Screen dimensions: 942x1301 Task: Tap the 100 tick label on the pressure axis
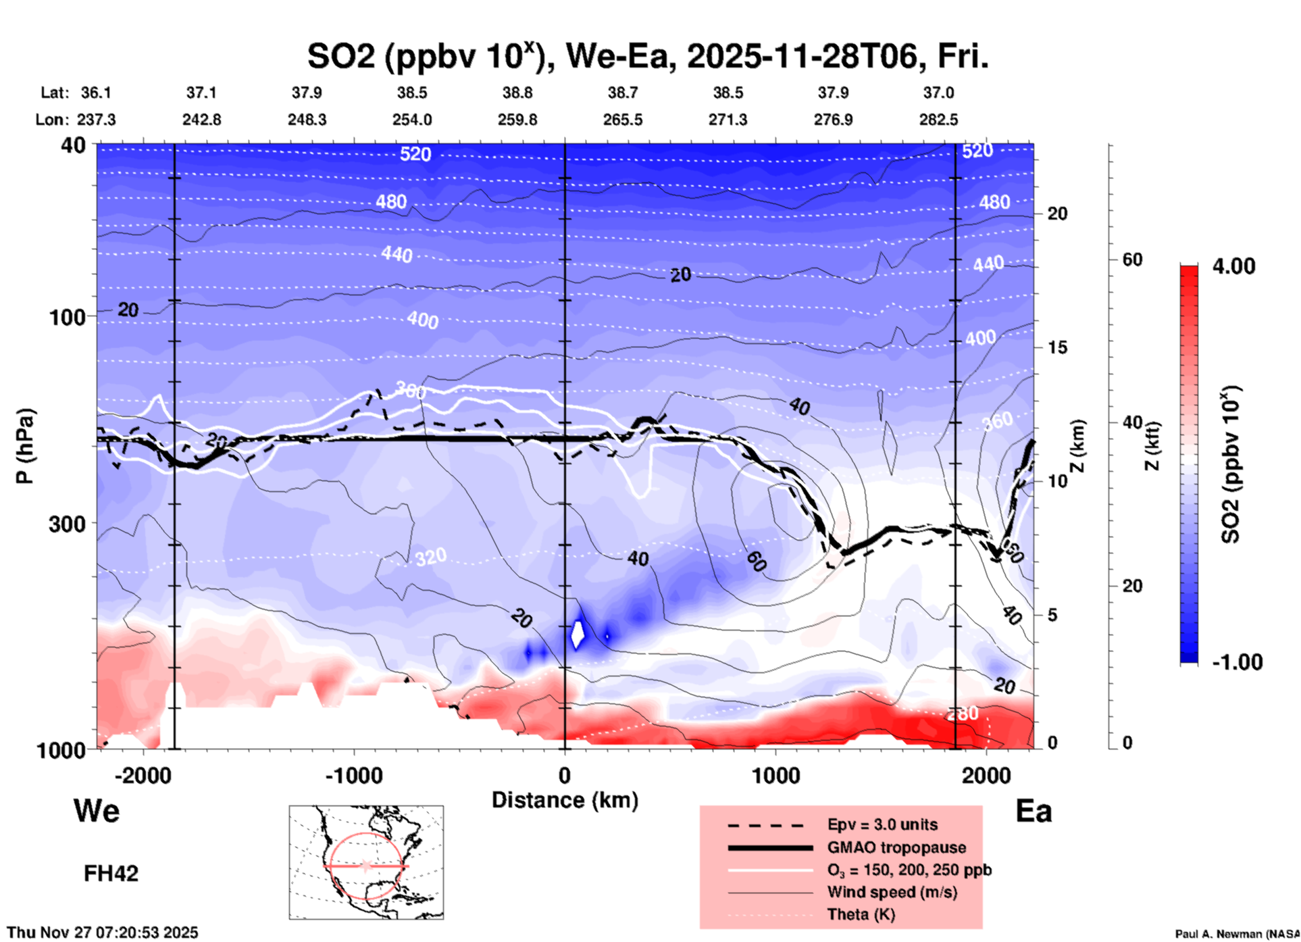point(68,317)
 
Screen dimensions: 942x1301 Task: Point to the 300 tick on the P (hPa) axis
point(68,523)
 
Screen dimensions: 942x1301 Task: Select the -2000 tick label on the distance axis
point(143,775)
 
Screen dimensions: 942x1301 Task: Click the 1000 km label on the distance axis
point(775,775)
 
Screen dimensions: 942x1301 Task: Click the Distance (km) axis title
point(565,800)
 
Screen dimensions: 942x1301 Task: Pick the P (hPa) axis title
point(25,446)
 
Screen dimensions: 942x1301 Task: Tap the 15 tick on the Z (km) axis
point(1057,347)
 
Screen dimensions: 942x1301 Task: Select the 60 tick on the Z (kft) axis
point(1132,259)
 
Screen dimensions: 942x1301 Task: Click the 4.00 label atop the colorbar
point(1233,266)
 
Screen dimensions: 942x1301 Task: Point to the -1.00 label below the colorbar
point(1237,662)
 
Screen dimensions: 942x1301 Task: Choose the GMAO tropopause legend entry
point(896,847)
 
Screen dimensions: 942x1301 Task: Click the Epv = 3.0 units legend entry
point(882,824)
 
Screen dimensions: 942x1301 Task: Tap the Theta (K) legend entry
point(861,914)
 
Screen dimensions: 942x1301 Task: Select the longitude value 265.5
point(623,120)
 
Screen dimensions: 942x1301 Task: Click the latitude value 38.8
point(517,93)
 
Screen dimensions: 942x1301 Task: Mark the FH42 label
point(111,873)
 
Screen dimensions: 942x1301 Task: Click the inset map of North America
point(366,862)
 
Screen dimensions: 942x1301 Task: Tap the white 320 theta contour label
point(431,557)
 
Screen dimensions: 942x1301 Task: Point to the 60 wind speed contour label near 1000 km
point(756,561)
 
